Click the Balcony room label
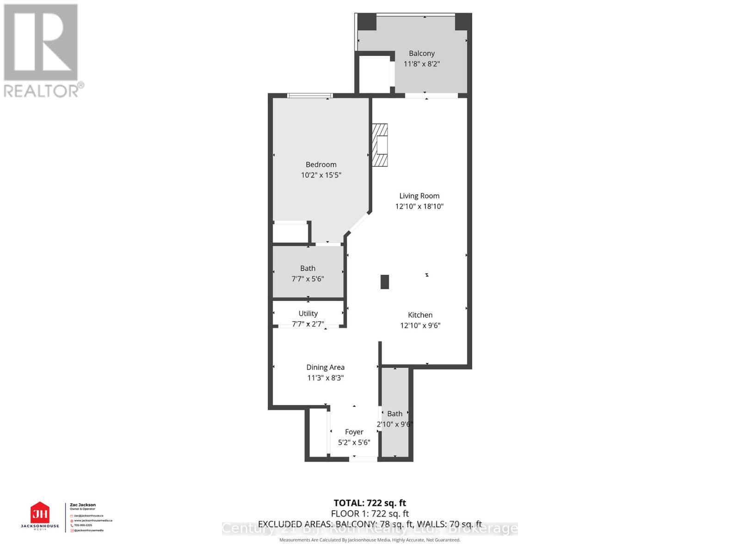coord(421,54)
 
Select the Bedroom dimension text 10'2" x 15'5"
coord(321,175)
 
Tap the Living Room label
coord(419,196)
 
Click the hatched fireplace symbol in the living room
coord(380,145)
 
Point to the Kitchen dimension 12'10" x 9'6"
coord(420,326)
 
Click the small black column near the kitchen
coord(384,282)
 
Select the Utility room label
coord(308,314)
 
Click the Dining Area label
coord(325,367)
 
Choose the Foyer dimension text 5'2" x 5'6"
coord(354,443)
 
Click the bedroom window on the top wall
coord(309,96)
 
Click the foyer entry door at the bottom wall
coord(364,459)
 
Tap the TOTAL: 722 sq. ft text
coord(370,503)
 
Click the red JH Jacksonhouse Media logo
coord(40,513)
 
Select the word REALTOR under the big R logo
coord(41,91)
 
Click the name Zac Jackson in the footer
coord(83,505)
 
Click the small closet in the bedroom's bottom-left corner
coord(290,233)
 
